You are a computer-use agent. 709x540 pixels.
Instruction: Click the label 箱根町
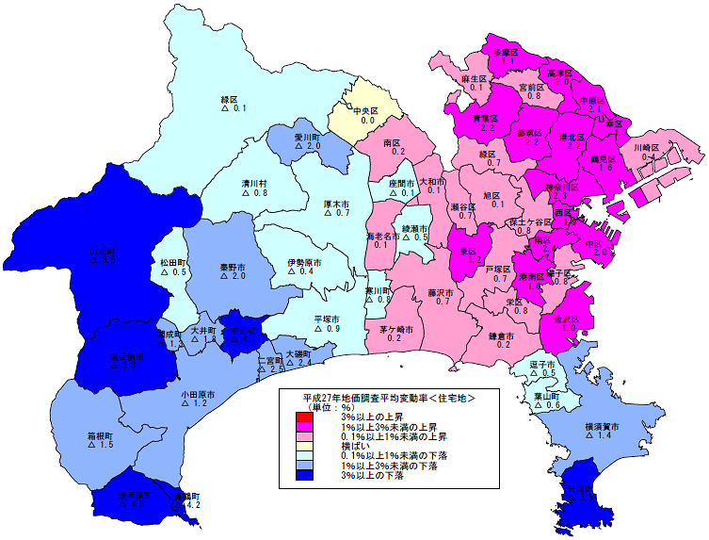[x=101, y=435]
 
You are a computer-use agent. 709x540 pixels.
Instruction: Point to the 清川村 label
[x=254, y=183]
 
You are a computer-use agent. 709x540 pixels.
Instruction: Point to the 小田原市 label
[x=200, y=393]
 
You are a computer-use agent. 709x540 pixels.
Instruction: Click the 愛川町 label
[x=309, y=137]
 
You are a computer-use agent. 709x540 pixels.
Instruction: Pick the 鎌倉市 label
[x=502, y=335]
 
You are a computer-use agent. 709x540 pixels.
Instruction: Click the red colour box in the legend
[x=301, y=417]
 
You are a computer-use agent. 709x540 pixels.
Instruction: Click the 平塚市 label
[x=327, y=319]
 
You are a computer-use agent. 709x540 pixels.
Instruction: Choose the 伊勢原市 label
[x=305, y=261]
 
